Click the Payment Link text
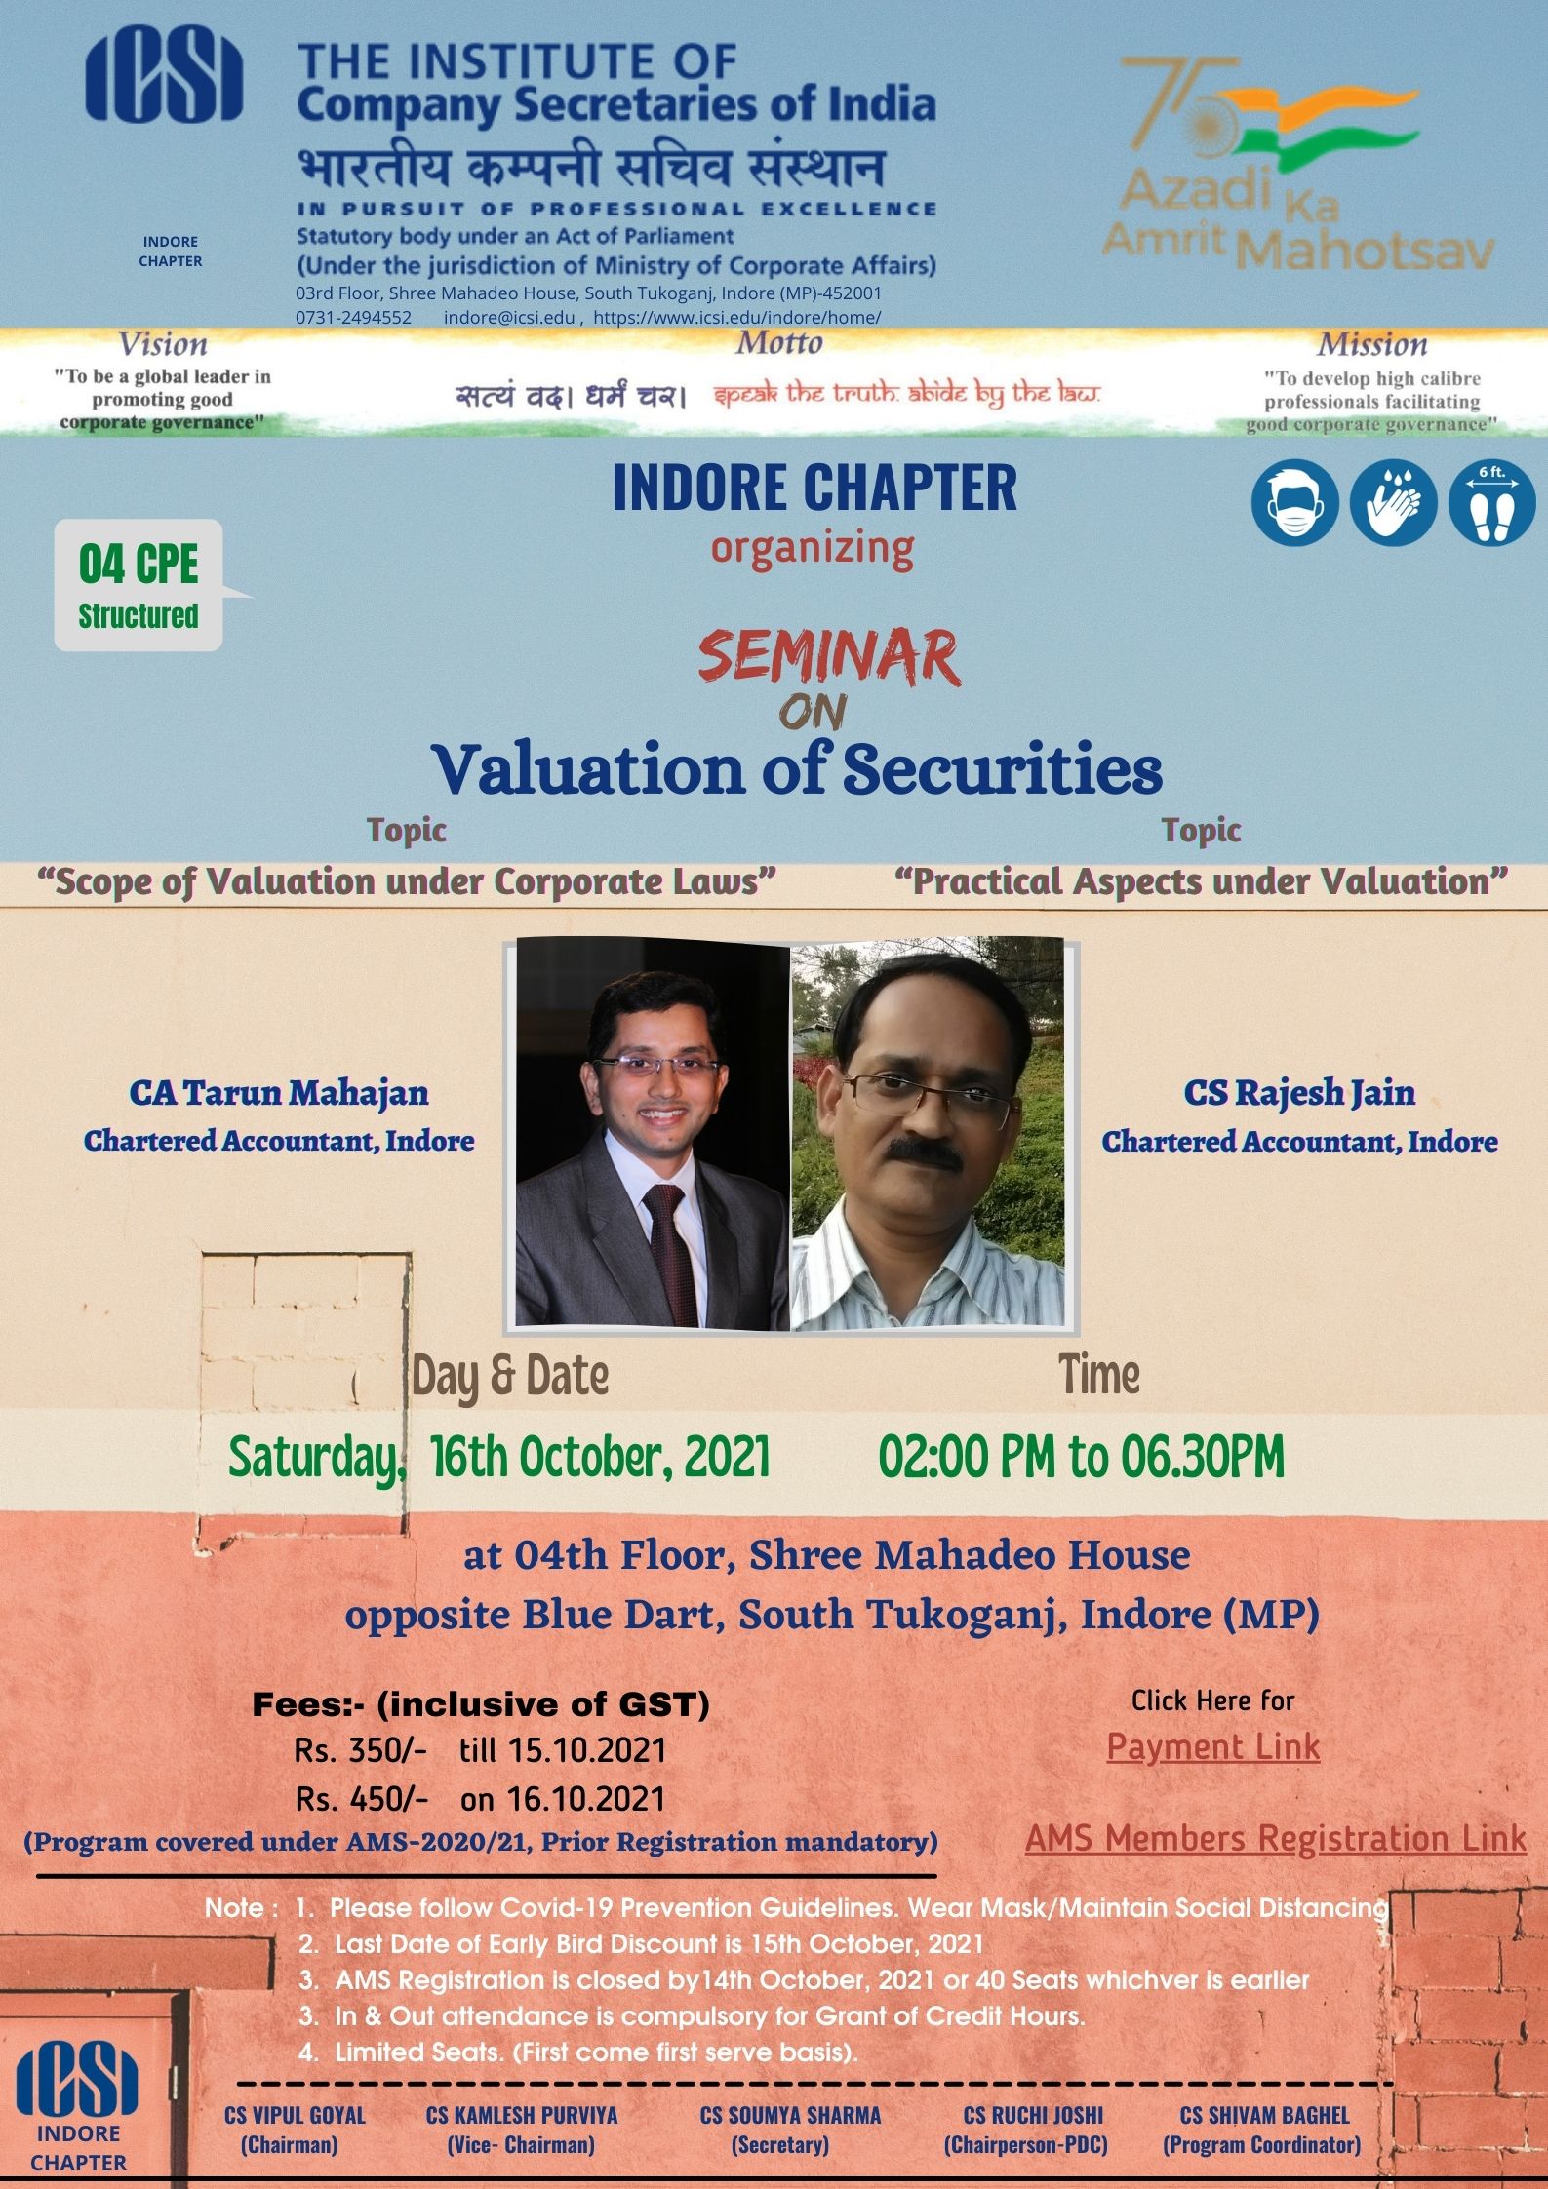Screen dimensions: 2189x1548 click(x=1212, y=1746)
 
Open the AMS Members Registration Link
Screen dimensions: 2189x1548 click(x=1275, y=1838)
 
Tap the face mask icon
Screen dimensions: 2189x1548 click(x=1293, y=504)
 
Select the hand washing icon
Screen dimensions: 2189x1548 click(x=1392, y=504)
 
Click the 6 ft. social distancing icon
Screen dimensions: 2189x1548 click(x=1491, y=504)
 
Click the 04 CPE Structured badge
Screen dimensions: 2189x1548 click(x=139, y=586)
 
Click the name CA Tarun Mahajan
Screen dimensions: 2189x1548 click(x=279, y=1092)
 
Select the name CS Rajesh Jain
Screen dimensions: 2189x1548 click(x=1299, y=1092)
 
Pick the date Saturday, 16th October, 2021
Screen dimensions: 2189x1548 click(x=498, y=1457)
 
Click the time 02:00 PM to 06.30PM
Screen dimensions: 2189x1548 click(x=1081, y=1457)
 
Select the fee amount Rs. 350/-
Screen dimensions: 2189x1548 click(x=361, y=1750)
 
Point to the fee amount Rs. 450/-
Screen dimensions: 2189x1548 click(x=361, y=1799)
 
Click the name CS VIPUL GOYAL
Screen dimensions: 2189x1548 click(x=295, y=2115)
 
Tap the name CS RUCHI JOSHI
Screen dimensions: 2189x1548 click(x=1032, y=2115)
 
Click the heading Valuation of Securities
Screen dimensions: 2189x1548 click(x=797, y=770)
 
